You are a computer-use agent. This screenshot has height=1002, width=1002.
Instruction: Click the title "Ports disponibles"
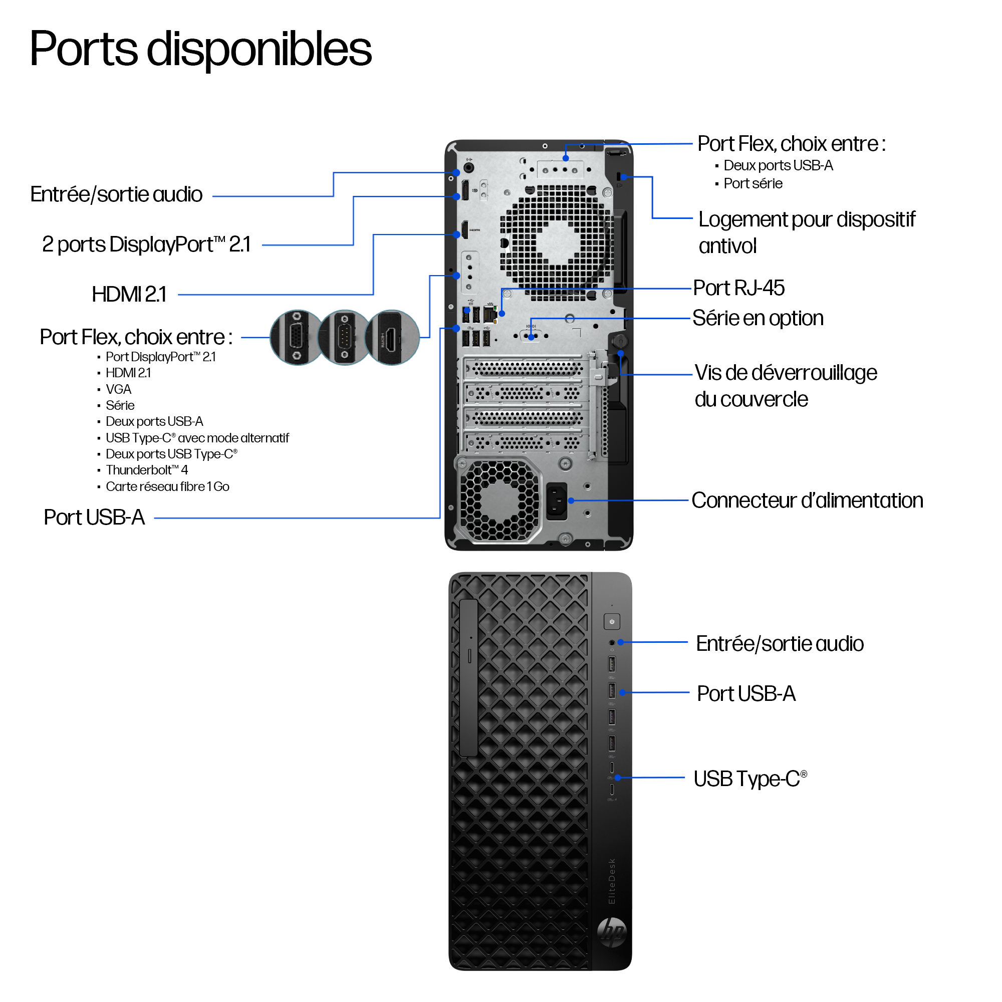201,49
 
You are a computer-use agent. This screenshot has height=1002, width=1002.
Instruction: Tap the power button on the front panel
612,621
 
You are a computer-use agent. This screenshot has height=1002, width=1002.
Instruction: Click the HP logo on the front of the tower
612,932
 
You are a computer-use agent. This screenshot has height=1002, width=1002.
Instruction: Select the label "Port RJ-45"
738,288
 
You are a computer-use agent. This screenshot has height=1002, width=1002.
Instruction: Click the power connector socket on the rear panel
557,501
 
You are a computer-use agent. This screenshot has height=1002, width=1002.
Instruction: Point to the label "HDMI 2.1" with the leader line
129,294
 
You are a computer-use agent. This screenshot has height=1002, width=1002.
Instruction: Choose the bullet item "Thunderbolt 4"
147,470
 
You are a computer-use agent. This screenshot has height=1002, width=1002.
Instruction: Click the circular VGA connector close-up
297,338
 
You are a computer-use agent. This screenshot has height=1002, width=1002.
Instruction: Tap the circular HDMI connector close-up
392,338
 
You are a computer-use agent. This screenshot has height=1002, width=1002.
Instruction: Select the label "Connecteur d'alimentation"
807,500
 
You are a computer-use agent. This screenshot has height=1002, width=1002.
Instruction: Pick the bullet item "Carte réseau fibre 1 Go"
167,486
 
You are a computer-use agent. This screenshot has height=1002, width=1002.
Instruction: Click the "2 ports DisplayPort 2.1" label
146,244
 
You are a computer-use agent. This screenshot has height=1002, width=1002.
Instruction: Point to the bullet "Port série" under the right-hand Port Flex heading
753,183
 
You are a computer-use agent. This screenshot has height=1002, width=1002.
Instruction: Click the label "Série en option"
758,318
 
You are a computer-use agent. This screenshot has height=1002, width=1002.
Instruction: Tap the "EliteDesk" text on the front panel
612,881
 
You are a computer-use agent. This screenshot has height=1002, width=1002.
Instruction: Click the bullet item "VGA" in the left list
118,389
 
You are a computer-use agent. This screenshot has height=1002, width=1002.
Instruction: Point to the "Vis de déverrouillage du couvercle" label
785,386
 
